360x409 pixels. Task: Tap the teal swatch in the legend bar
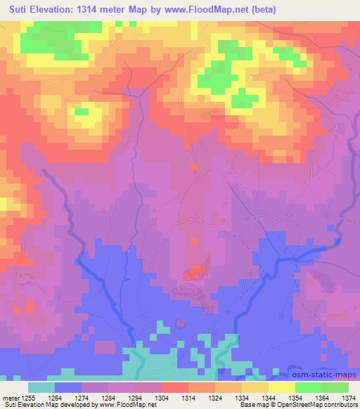41,387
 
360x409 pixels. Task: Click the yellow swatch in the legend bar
282,387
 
